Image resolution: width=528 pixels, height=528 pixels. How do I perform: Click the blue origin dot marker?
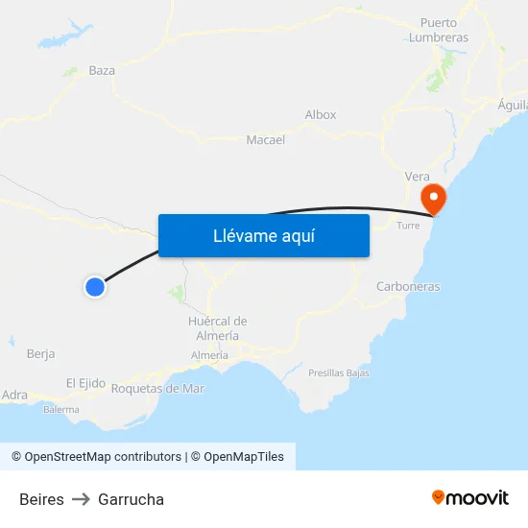[x=94, y=286]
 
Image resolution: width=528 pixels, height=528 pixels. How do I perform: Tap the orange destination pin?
[x=434, y=199]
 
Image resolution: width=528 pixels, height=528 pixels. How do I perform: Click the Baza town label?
[x=102, y=70]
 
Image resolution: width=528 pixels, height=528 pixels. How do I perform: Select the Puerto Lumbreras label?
[x=438, y=30]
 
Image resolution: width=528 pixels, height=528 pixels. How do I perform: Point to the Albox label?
[x=321, y=114]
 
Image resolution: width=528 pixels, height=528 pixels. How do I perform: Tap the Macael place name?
[x=266, y=139]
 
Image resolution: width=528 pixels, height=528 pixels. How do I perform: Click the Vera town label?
[x=417, y=176]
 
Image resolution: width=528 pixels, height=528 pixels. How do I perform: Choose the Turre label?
[x=409, y=227]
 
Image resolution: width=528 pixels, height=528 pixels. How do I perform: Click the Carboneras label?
[x=408, y=286]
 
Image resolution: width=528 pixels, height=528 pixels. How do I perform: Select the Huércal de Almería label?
[x=218, y=328]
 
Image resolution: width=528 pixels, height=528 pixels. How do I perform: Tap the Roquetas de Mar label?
[x=158, y=389]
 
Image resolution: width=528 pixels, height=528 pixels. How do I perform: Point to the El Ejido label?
[x=85, y=383]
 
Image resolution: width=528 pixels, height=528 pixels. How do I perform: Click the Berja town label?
[x=41, y=353]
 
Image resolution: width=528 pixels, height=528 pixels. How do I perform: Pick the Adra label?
[x=15, y=395]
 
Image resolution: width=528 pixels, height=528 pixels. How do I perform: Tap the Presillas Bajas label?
[x=339, y=372]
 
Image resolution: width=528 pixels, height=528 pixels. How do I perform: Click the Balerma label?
[x=61, y=409]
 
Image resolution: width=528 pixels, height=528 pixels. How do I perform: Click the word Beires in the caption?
[x=41, y=499]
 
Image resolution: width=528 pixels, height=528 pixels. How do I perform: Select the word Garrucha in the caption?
[x=131, y=499]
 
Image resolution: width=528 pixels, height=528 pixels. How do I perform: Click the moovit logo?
[x=470, y=497]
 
